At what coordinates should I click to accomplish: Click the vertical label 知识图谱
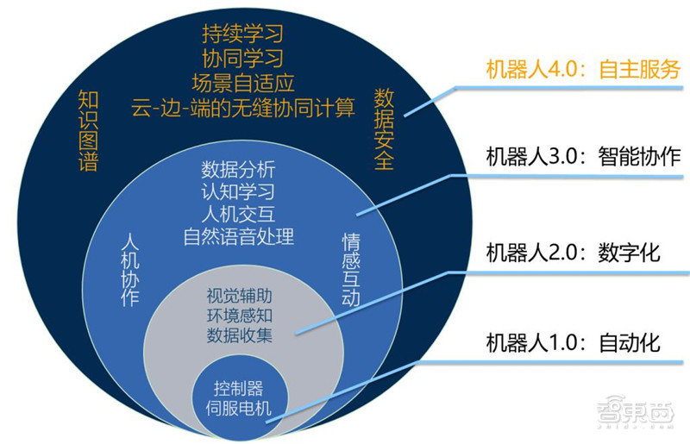tap(87, 130)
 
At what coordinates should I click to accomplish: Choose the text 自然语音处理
tap(239, 235)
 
